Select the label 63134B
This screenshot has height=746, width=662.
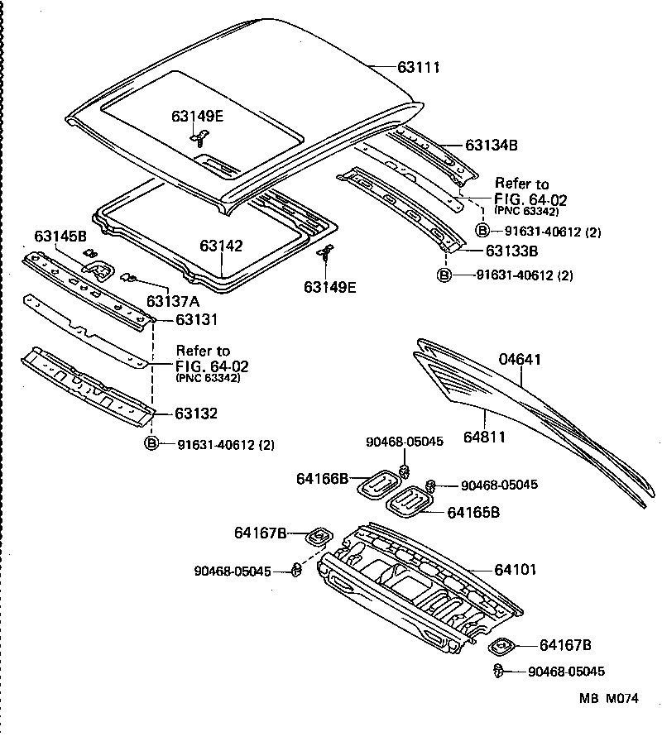pos(491,145)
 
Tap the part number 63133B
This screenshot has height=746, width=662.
pos(512,251)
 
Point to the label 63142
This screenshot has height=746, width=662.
pos(221,246)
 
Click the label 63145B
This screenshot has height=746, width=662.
pos(60,237)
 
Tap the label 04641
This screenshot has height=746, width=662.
pos(519,359)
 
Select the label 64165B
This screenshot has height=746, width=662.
pos(473,513)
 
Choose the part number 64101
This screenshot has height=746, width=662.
pos(516,569)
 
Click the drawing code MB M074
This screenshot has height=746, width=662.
pos(608,698)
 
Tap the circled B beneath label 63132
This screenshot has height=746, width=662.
pos(152,444)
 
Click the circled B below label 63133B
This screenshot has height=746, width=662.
pos(444,275)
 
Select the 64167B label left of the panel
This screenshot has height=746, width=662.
pos(260,535)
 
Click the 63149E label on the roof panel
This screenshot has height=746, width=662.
pos(198,117)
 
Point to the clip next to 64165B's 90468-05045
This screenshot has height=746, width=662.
pos(431,485)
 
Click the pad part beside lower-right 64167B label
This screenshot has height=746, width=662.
pos(502,645)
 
